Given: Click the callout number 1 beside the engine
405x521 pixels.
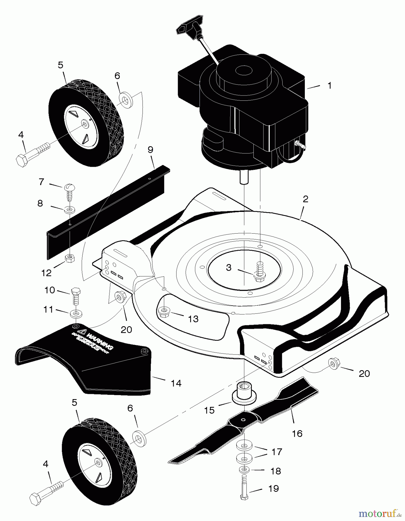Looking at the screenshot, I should (x=329, y=86).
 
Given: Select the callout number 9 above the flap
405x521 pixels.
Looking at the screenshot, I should (x=150, y=150).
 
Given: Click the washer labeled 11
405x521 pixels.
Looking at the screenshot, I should (x=76, y=313).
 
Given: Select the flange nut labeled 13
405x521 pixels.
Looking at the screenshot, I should (x=163, y=312).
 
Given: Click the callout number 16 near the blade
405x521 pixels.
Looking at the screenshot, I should (x=297, y=433).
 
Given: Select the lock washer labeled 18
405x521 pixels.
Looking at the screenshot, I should (x=244, y=469).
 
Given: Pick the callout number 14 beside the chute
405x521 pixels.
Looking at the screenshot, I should (x=176, y=383).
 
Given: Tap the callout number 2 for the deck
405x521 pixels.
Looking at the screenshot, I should (x=305, y=199).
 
